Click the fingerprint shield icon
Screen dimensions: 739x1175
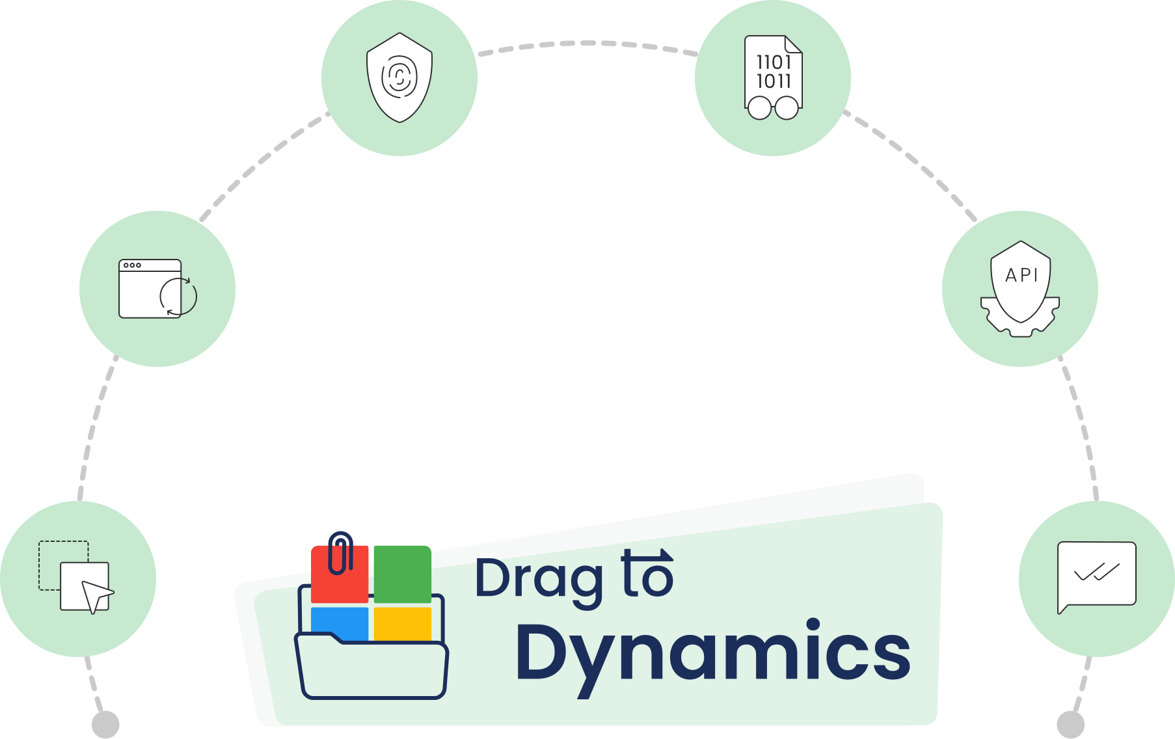click(399, 77)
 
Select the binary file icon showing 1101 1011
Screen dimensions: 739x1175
click(773, 77)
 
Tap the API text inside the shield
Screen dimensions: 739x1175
click(1021, 276)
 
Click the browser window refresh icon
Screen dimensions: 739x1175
click(157, 289)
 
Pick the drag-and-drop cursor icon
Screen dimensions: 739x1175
click(77, 578)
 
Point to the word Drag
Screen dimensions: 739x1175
click(539, 579)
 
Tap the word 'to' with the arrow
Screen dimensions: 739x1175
click(647, 575)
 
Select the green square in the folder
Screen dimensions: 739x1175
click(402, 574)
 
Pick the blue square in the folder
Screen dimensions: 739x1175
click(340, 622)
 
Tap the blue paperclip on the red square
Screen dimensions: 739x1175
click(340, 552)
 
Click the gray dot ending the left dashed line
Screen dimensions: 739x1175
click(105, 724)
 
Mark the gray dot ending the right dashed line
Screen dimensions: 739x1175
click(1070, 724)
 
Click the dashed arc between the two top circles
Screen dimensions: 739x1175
click(587, 44)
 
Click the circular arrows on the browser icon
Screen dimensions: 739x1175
click(178, 297)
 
